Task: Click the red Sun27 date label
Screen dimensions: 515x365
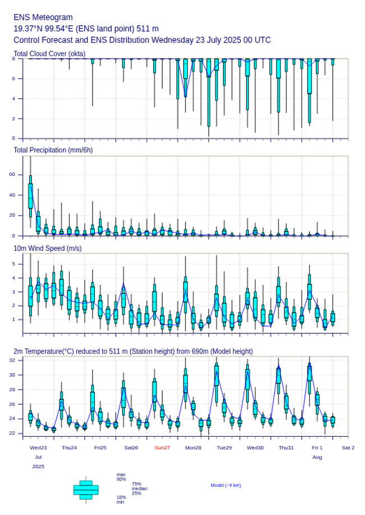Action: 162,448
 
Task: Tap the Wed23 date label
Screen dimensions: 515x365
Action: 38,448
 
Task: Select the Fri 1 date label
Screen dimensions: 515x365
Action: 317,448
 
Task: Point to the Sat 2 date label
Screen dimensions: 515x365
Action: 348,448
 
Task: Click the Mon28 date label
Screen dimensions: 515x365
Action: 193,448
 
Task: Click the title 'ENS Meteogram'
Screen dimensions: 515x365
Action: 43,17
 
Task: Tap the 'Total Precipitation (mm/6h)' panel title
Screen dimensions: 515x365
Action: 53,150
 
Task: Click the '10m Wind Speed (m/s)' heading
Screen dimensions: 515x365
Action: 48,248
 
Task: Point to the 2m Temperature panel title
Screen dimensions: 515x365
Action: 133,351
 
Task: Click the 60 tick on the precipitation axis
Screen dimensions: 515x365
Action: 12,175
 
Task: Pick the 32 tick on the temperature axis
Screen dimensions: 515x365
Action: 12,360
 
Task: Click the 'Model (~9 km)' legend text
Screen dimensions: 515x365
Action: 226,485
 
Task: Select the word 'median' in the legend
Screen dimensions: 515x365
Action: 139,489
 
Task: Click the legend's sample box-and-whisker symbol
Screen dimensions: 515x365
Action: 86,490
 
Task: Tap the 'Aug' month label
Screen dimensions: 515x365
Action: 317,457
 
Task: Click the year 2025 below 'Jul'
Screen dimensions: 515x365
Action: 38,467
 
